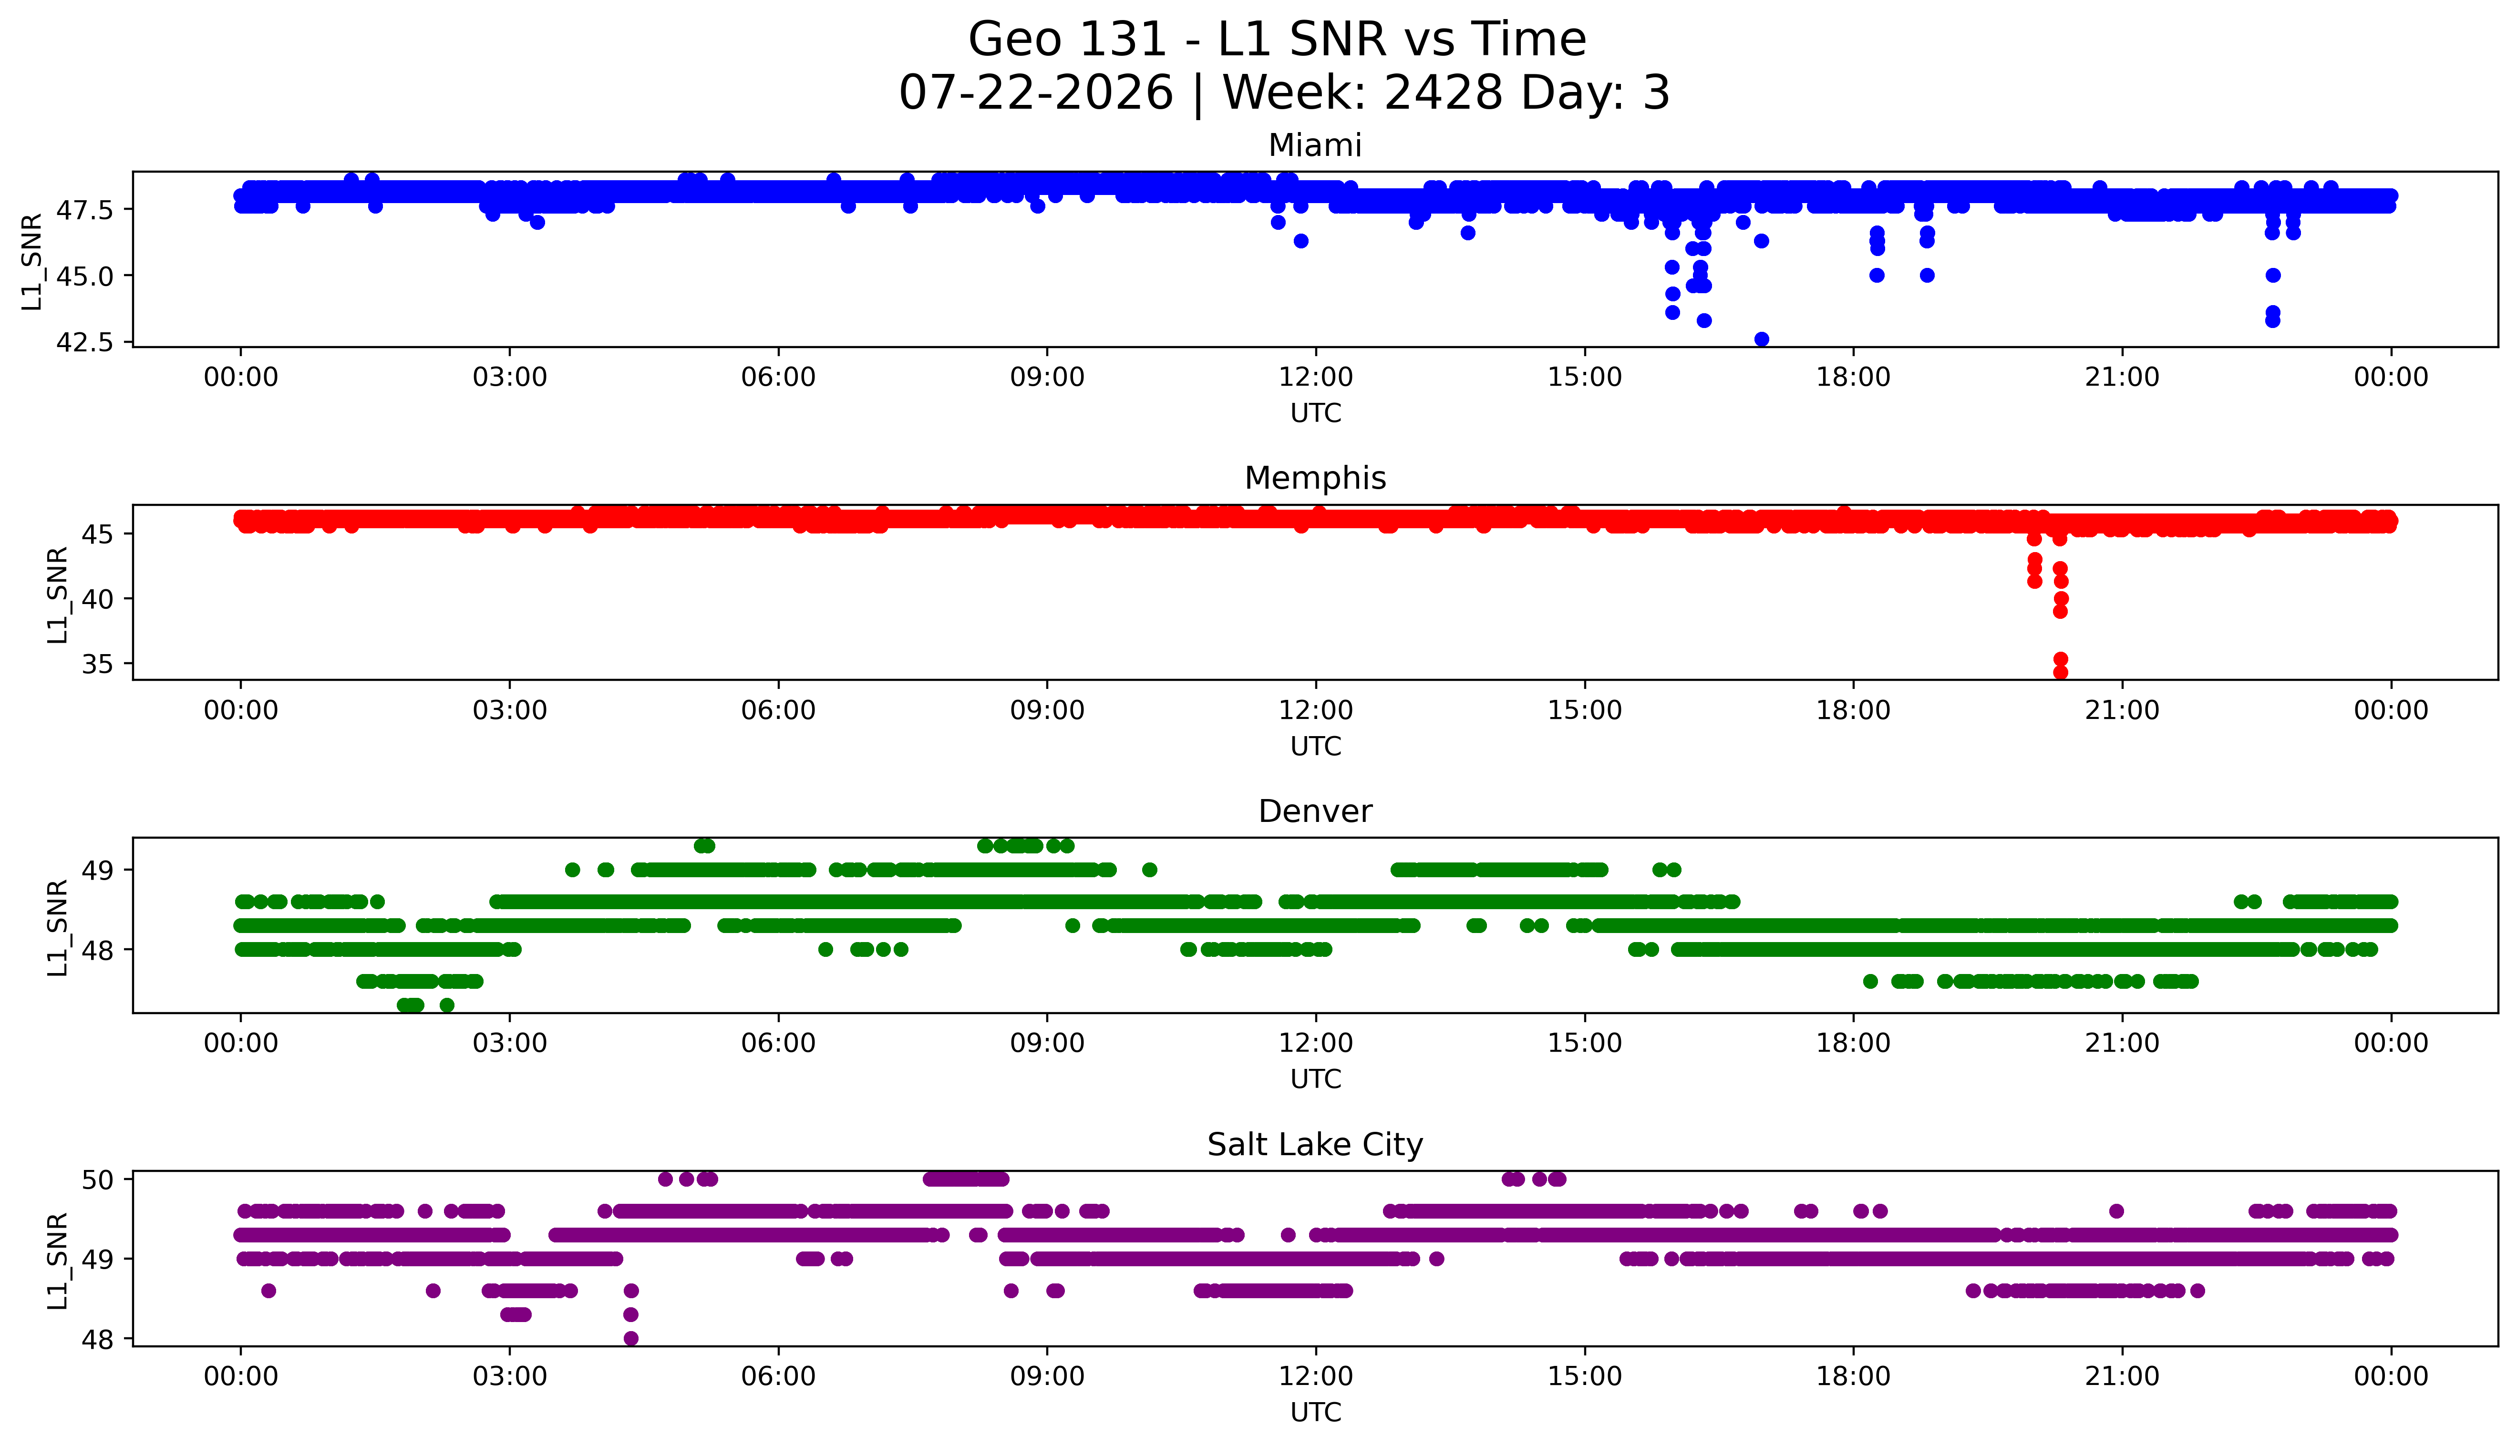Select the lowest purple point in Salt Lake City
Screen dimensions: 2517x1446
click(x=631, y=1338)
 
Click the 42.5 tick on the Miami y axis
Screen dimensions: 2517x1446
click(x=86, y=342)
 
